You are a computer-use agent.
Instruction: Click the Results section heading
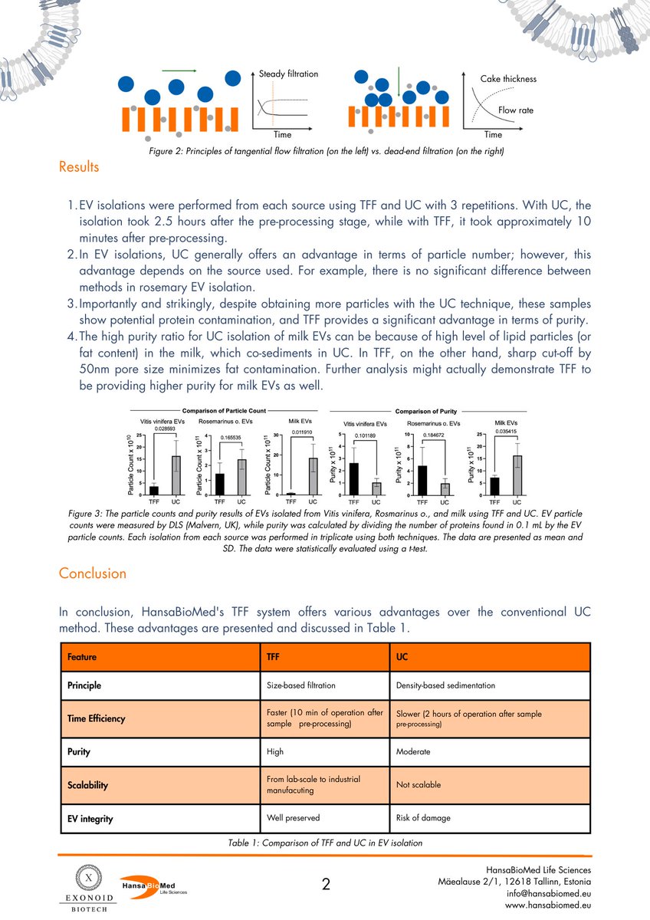click(79, 166)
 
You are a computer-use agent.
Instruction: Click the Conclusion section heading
click(93, 573)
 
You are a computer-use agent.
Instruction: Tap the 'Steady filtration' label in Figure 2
click(288, 74)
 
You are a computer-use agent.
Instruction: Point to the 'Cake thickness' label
click(508, 79)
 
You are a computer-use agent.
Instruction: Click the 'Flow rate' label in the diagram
click(516, 110)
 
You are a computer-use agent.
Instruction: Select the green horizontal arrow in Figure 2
click(179, 71)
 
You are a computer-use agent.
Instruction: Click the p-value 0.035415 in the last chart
click(504, 431)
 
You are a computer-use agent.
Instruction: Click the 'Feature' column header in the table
click(81, 657)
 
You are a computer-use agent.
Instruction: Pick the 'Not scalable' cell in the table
click(418, 785)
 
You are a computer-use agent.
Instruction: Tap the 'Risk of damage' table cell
click(423, 818)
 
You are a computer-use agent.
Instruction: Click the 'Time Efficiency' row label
click(96, 719)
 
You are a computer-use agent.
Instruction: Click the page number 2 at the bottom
click(325, 885)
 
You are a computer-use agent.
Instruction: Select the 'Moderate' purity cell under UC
click(413, 752)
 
